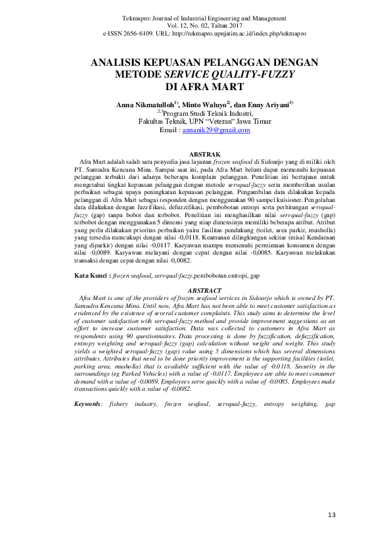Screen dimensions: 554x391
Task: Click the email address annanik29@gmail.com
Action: coord(216,130)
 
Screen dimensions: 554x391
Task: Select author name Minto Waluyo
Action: coord(205,104)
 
